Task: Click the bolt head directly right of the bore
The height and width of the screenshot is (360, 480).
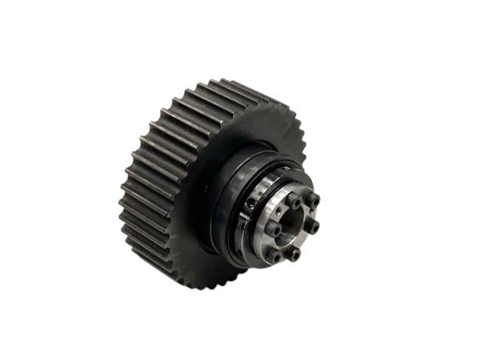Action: tap(311, 225)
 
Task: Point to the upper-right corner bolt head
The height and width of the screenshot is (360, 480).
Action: tap(314, 200)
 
